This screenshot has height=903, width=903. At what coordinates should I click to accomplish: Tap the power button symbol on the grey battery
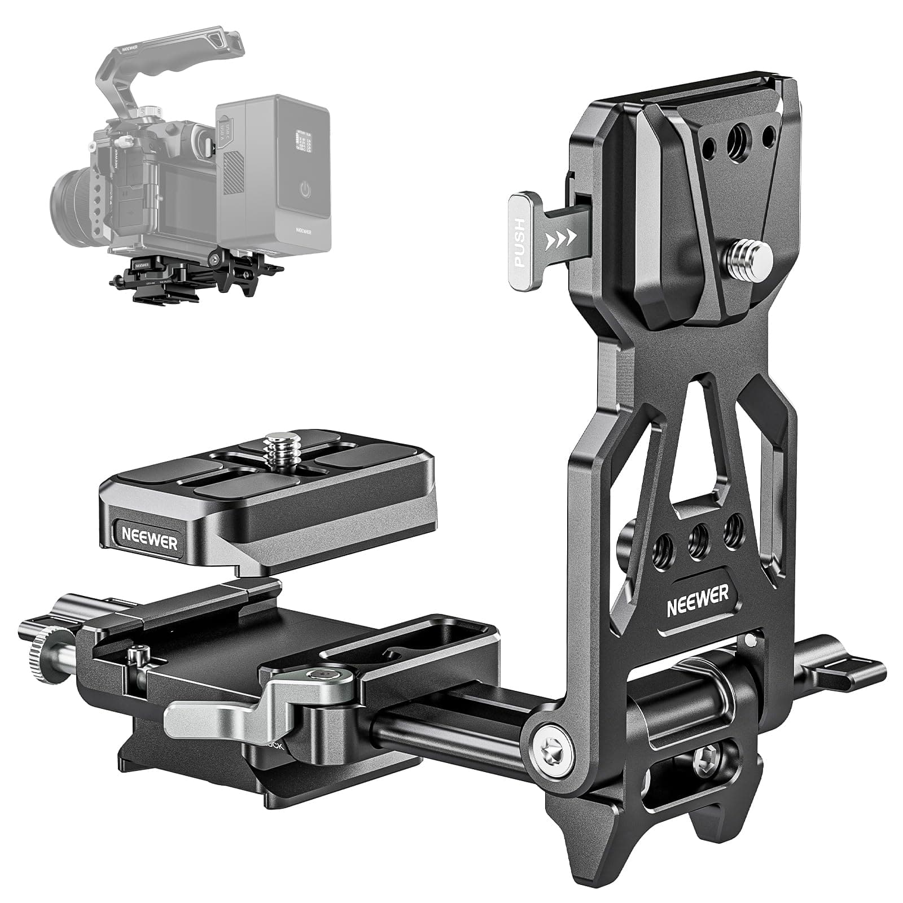(x=305, y=190)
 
